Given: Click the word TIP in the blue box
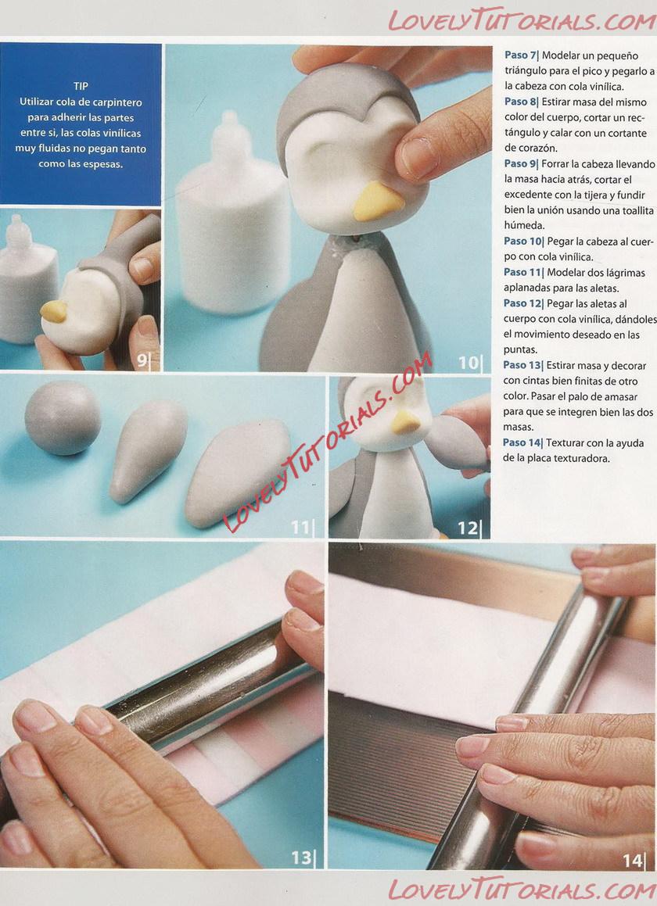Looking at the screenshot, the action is [x=81, y=86].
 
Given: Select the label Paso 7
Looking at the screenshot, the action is [x=520, y=56].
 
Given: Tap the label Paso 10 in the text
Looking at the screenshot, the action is [x=523, y=241].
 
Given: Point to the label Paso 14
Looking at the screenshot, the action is [x=522, y=442].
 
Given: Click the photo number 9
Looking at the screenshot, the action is [x=142, y=360].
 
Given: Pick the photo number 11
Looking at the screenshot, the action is [x=300, y=528].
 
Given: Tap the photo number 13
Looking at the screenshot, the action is [x=301, y=858].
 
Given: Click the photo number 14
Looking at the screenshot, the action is [x=632, y=861].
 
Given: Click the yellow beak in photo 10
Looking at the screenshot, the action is [x=378, y=202].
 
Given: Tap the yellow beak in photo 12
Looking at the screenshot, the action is [x=406, y=424].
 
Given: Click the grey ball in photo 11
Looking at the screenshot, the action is [x=63, y=418].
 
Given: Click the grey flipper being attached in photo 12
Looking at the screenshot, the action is [x=457, y=442].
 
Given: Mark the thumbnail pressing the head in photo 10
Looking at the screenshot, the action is [x=417, y=158].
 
